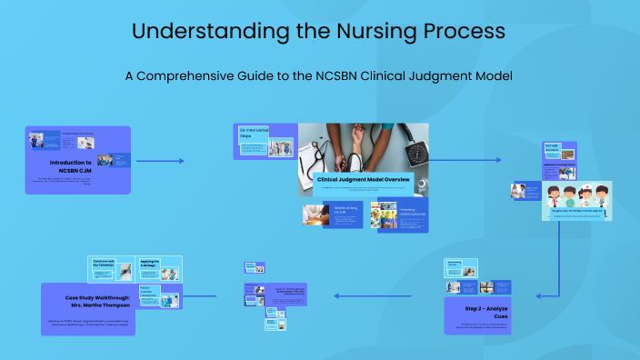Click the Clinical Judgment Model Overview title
[364, 180]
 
